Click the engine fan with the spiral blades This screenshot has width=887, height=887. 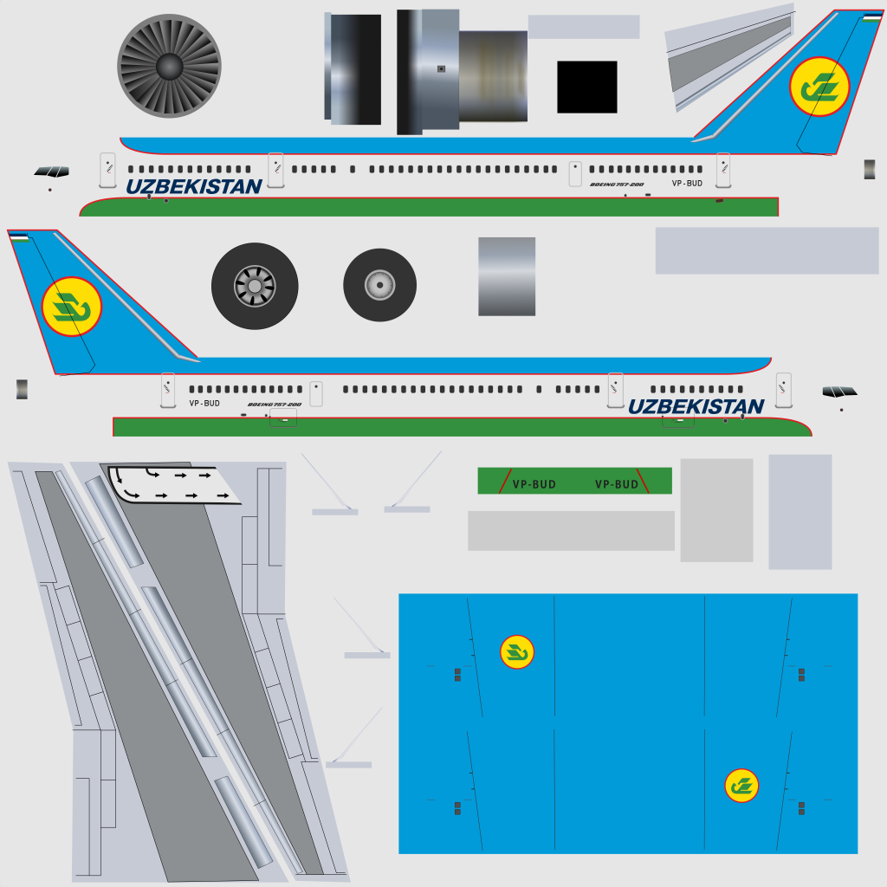coord(169,67)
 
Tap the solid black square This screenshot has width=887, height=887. coord(587,87)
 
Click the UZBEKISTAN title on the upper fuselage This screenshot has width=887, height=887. coord(194,186)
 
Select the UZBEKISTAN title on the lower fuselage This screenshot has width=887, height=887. coord(696,406)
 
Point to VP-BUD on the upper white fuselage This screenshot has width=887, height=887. coord(687,184)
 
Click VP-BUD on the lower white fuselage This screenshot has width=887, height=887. coord(204,403)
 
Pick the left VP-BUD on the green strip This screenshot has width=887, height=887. coord(534,484)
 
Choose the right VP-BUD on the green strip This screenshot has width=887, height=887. coord(616,484)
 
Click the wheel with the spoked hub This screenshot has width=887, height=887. coord(255,286)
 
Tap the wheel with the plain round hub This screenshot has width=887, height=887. coord(379,285)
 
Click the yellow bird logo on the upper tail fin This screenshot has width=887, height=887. coord(819,87)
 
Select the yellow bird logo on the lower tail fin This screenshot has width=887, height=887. coord(72,307)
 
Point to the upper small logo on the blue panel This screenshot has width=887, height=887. coord(517,652)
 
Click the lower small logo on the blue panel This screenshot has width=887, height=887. coord(741,786)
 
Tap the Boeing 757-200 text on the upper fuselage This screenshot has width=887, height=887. coord(617,185)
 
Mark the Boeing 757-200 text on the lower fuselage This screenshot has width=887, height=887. coord(274,405)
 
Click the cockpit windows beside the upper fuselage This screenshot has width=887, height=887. coord(52,172)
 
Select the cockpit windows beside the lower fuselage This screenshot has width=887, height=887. coord(839,392)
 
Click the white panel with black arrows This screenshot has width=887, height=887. coord(173,484)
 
